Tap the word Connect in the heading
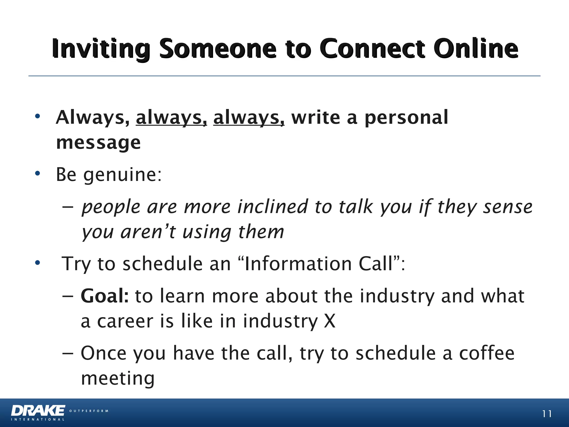(x=372, y=49)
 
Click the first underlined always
(x=171, y=118)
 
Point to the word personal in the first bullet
(x=406, y=118)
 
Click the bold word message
(x=98, y=143)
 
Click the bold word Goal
(x=104, y=296)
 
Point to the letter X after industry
(x=330, y=321)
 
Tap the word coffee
(x=486, y=353)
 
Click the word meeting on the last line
(x=118, y=379)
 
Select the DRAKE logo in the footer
(x=38, y=411)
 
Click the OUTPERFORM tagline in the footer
(x=89, y=411)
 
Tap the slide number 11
(x=546, y=414)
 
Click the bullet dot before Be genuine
(x=38, y=174)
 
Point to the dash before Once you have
(x=68, y=353)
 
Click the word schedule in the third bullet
(x=163, y=264)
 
